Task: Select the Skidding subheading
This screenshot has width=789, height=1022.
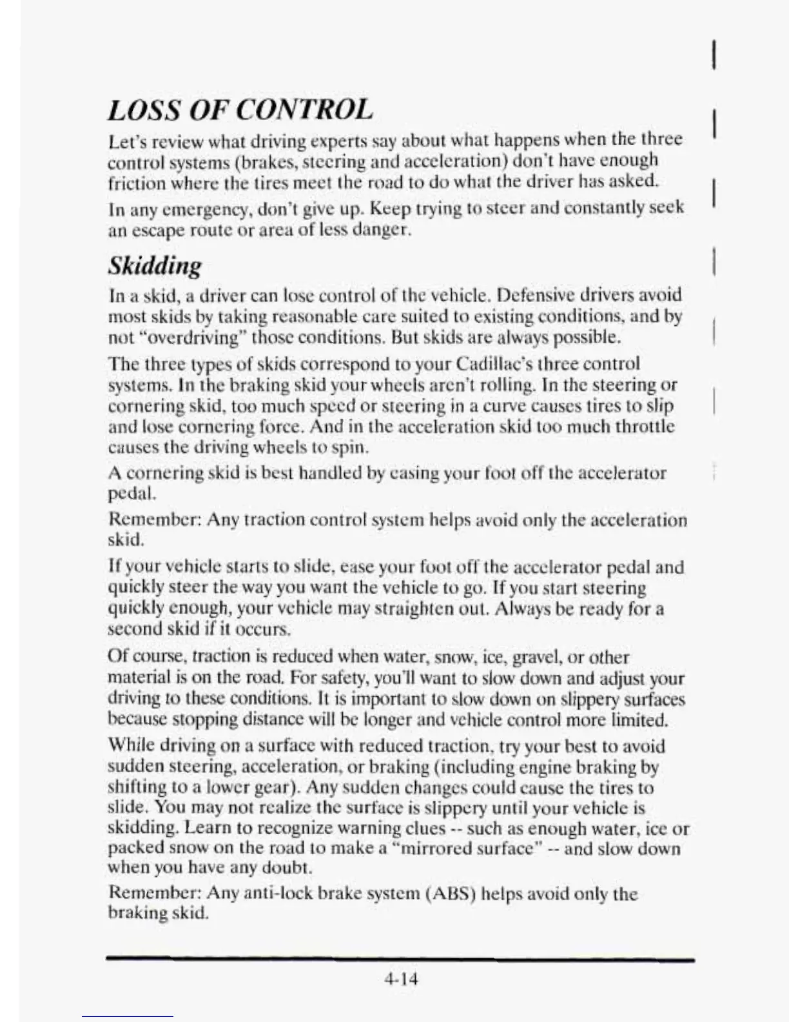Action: (x=155, y=265)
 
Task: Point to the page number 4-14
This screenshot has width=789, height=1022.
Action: (x=401, y=979)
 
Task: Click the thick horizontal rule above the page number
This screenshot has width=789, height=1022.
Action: (x=400, y=961)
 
